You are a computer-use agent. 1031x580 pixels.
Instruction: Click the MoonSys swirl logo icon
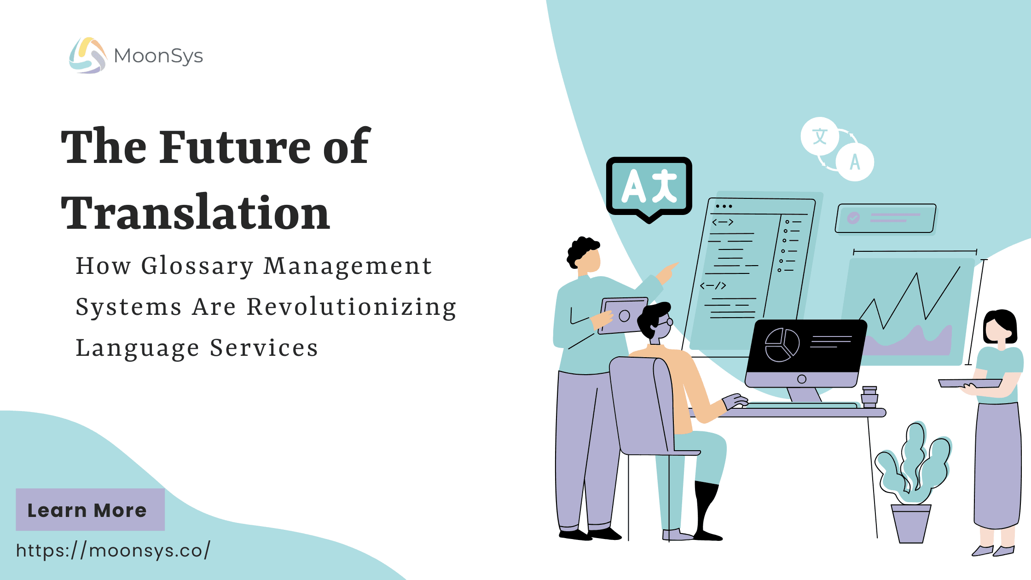[x=88, y=55]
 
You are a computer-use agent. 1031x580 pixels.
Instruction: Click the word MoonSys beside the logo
[x=158, y=56]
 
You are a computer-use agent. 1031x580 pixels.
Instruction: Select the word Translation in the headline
[x=196, y=213]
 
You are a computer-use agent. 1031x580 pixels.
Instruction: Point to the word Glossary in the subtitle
[x=197, y=267]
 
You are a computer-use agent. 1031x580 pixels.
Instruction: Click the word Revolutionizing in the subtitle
[x=352, y=307]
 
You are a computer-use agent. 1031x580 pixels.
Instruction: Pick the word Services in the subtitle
[x=264, y=348]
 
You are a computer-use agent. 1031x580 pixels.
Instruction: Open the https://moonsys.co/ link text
[x=113, y=550]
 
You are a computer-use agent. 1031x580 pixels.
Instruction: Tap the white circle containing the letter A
[x=855, y=162]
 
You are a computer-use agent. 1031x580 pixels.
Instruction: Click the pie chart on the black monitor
[x=782, y=345]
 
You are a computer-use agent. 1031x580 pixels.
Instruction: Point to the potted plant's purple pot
[x=911, y=524]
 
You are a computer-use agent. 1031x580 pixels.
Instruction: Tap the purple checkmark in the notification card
[x=853, y=218]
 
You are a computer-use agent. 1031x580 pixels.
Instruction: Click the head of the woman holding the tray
[x=1000, y=328]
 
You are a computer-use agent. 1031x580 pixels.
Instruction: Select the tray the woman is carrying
[x=970, y=383]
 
